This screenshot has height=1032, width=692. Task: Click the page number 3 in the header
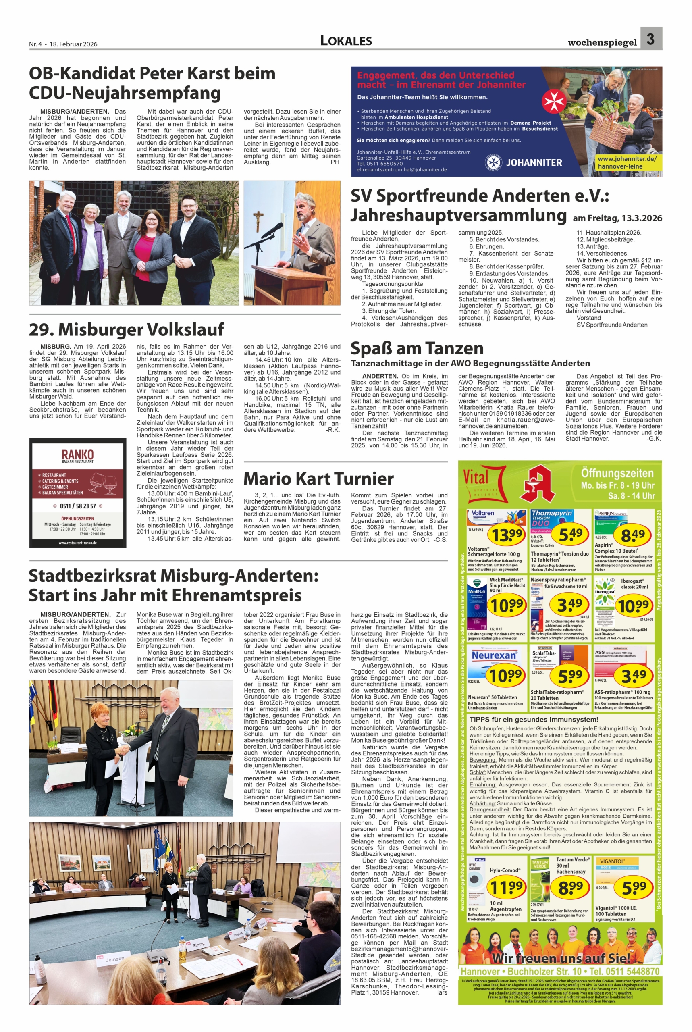651,39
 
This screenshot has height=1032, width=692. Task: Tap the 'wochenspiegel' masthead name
602,43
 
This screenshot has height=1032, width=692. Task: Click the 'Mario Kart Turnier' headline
318,479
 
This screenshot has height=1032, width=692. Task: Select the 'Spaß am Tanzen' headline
417,348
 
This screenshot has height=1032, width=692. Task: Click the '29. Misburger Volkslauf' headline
126,330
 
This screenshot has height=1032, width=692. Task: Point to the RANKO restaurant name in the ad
77,454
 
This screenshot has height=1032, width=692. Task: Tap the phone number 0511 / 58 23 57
78,506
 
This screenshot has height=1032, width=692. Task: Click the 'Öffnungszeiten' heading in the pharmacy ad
617,474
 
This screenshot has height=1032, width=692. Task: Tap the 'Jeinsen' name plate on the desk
115,959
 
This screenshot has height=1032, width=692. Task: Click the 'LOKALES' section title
346,41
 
